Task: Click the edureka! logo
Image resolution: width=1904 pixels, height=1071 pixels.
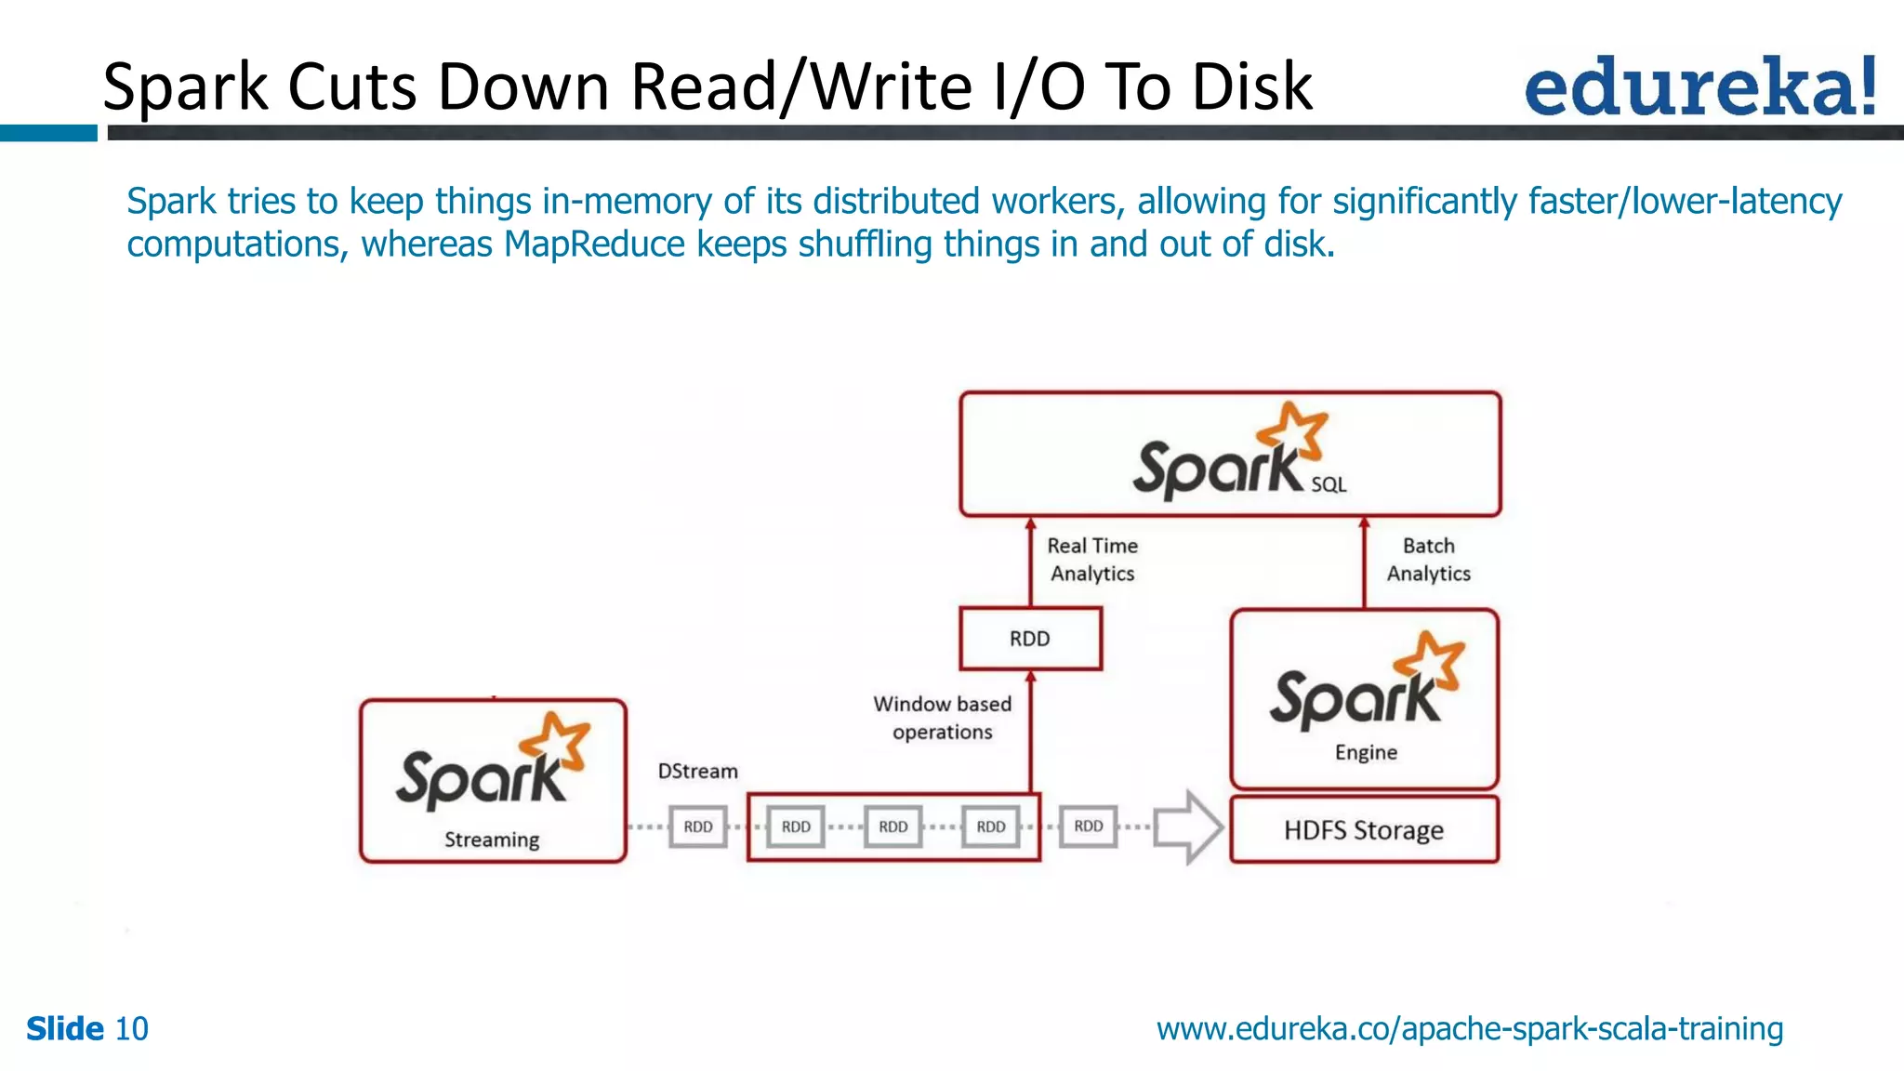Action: (x=1699, y=86)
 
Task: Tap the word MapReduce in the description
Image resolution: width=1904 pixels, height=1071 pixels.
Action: (x=594, y=245)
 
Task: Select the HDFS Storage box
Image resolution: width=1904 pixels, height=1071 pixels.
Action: (x=1364, y=829)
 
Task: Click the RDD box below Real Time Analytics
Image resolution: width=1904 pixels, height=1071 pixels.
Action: (x=1030, y=639)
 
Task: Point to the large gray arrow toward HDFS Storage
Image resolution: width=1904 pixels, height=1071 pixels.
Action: (x=1188, y=826)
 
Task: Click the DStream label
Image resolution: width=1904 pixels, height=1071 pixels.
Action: (x=697, y=771)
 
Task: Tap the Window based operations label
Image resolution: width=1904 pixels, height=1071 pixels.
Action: (x=942, y=718)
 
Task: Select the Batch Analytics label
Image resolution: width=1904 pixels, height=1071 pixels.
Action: (x=1428, y=560)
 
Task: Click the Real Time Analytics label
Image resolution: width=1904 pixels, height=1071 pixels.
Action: (x=1092, y=560)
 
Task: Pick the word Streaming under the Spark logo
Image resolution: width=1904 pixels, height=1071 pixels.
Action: (x=492, y=840)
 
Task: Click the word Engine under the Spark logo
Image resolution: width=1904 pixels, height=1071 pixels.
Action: (x=1366, y=752)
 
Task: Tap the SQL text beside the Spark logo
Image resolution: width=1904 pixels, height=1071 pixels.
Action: (x=1329, y=484)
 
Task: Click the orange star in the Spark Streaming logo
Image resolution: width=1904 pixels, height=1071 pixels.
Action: (x=556, y=741)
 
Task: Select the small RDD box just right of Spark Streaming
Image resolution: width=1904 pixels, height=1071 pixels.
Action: (x=698, y=826)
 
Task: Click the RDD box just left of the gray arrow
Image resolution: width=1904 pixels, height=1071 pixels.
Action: (x=1088, y=826)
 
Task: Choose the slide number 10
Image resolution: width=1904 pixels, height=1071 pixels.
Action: (x=131, y=1029)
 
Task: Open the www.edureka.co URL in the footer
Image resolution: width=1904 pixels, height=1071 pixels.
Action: (x=1469, y=1029)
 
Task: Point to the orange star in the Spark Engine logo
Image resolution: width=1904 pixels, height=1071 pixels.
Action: (x=1431, y=660)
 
